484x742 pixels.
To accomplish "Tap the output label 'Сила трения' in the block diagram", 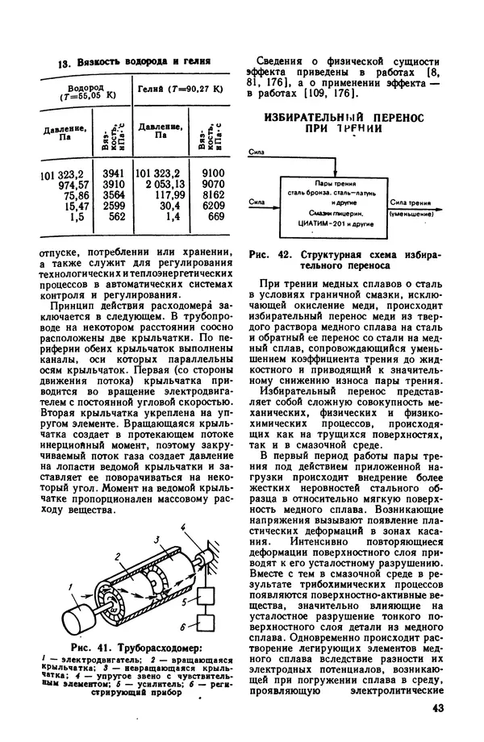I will tap(408, 203).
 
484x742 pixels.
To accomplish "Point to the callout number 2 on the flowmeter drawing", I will tap(118, 556).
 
